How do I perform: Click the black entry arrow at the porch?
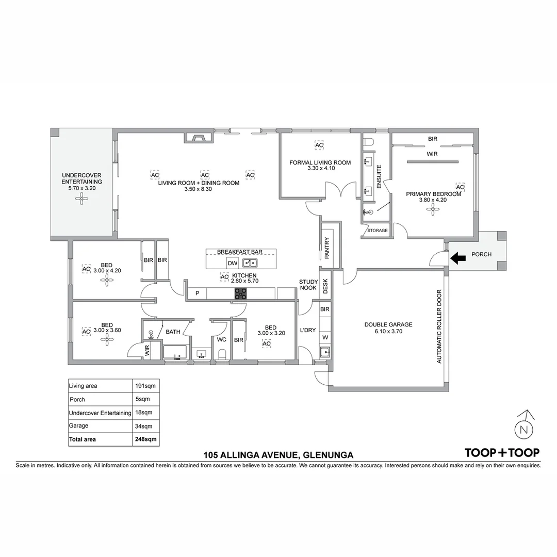457,258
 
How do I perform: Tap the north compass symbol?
525,428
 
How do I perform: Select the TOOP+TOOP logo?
502,453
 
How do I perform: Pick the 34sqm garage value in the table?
144,426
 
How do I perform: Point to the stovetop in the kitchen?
241,293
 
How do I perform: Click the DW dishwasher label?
232,263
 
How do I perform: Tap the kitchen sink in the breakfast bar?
250,263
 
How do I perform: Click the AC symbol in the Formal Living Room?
319,145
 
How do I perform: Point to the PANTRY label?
327,249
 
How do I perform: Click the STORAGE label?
378,231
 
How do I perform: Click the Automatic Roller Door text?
439,326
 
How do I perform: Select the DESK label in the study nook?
325,286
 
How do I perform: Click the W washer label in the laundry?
325,337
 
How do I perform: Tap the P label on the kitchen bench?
196,293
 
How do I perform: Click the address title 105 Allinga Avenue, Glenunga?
278,455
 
